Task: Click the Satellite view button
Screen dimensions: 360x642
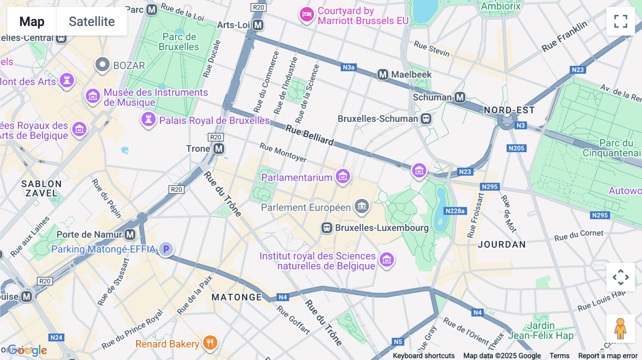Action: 92,21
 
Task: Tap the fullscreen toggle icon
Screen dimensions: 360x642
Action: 621,21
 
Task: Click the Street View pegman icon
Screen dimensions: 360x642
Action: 621,328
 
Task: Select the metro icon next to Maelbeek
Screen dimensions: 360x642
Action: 383,74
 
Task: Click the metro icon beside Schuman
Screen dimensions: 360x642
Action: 460,97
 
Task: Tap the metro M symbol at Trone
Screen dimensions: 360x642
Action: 219,149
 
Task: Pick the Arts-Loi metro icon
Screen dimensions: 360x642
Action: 258,25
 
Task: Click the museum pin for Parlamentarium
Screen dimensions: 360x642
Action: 343,176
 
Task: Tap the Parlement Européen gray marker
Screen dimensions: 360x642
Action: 362,206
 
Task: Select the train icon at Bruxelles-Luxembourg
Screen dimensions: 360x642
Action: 327,228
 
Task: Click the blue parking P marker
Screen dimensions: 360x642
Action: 166,249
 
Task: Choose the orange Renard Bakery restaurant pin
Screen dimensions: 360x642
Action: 210,343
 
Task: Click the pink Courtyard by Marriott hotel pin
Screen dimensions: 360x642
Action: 306,15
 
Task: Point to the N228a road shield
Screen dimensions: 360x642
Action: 455,211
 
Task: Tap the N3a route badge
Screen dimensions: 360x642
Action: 348,67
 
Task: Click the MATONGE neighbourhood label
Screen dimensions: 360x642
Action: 237,297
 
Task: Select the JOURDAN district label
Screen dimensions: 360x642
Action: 501,245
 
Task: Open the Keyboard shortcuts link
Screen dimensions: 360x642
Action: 423,356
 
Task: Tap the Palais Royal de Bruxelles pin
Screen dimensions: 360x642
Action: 148,119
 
